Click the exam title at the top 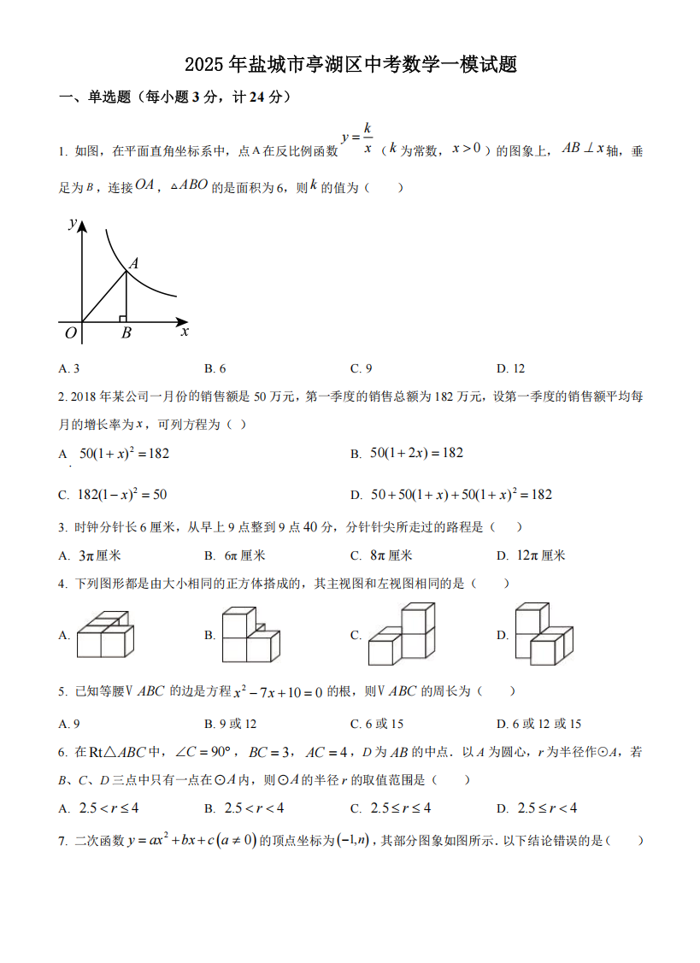click(x=350, y=66)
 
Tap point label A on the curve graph click(x=133, y=265)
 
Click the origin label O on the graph click(x=71, y=333)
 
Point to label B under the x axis click(x=126, y=334)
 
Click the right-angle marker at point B click(x=123, y=319)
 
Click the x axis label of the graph click(x=185, y=332)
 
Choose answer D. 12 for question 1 click(x=510, y=368)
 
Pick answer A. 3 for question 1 click(x=69, y=368)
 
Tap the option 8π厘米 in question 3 click(x=391, y=555)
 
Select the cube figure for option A click(x=104, y=634)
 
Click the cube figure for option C click(x=401, y=634)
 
